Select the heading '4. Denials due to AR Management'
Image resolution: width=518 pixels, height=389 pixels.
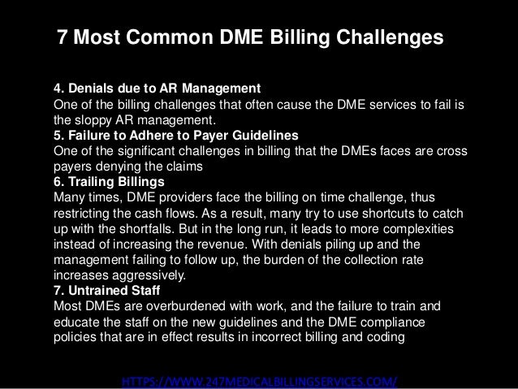click(x=156, y=88)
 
